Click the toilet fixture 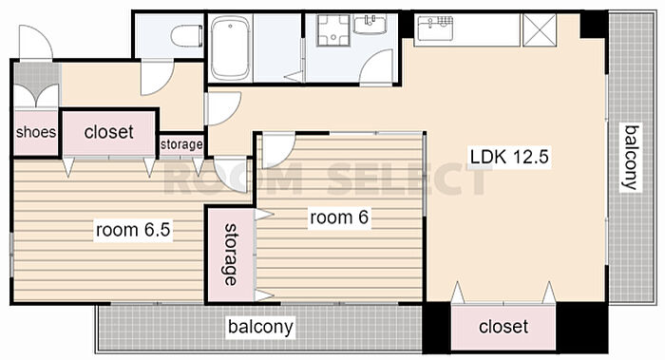click(x=187, y=36)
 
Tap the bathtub click(x=230, y=47)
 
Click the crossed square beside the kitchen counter click(x=539, y=29)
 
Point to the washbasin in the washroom click(x=370, y=24)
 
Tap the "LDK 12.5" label click(x=509, y=157)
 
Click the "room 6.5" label click(x=133, y=230)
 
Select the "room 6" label click(x=339, y=218)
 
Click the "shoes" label click(x=36, y=132)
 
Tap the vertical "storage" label click(x=231, y=255)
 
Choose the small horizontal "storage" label click(x=181, y=144)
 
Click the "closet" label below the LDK click(x=503, y=327)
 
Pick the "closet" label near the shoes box click(x=109, y=132)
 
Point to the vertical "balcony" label click(x=631, y=158)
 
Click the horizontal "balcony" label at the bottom click(x=260, y=327)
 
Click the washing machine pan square click(x=332, y=30)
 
